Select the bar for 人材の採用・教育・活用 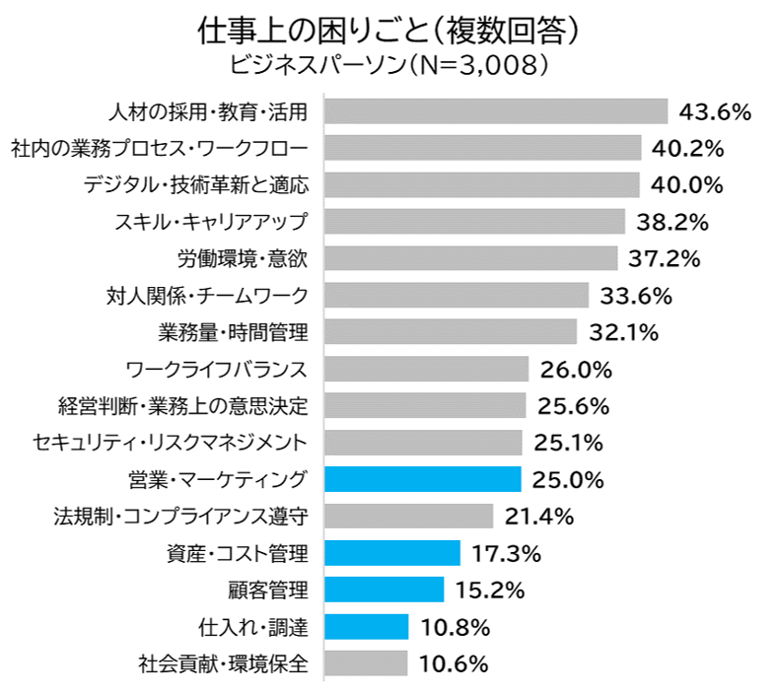click(496, 111)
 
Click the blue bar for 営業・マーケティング click(422, 479)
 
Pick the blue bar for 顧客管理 click(384, 590)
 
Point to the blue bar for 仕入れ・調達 click(366, 626)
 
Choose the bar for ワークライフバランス click(426, 369)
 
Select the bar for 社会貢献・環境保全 click(365, 662)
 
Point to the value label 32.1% click(623, 332)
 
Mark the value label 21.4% click(539, 516)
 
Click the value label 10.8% click(455, 626)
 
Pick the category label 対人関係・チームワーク click(207, 295)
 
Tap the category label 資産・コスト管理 click(239, 553)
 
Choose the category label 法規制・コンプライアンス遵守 click(181, 516)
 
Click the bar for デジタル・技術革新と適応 click(481, 184)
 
